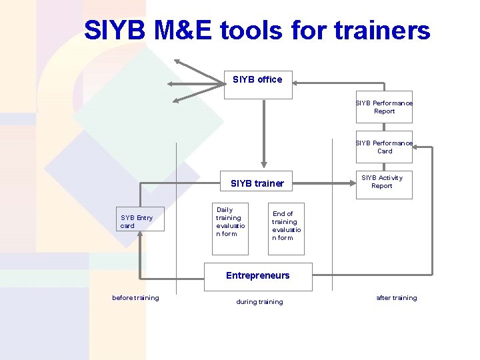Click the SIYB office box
[257, 85]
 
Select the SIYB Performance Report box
[384, 107]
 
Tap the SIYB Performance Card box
[384, 147]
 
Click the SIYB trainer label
[257, 183]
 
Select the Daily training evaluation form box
[230, 228]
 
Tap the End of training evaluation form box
[286, 229]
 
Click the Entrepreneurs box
[257, 276]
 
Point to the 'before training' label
[135, 298]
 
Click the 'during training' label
[259, 302]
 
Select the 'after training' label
[396, 298]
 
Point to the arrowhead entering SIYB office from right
[297, 83]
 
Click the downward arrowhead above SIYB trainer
[264, 161]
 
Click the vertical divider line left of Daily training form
[177, 220]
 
